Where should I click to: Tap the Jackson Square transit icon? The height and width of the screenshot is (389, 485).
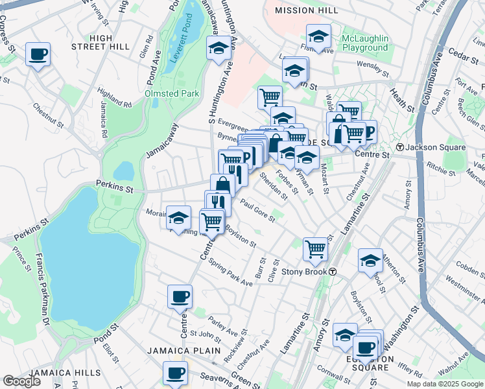[401, 148]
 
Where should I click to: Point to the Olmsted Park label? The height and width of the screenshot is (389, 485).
[172, 93]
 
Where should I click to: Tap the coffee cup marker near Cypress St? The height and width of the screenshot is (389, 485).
[38, 54]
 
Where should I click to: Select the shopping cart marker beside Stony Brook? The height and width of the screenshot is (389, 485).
[315, 248]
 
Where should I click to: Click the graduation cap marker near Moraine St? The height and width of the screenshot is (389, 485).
[178, 218]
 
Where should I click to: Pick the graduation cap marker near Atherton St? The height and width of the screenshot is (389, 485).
[370, 261]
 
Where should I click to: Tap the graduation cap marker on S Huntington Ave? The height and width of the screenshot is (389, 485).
[219, 48]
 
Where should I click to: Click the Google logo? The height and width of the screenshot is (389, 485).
[22, 381]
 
